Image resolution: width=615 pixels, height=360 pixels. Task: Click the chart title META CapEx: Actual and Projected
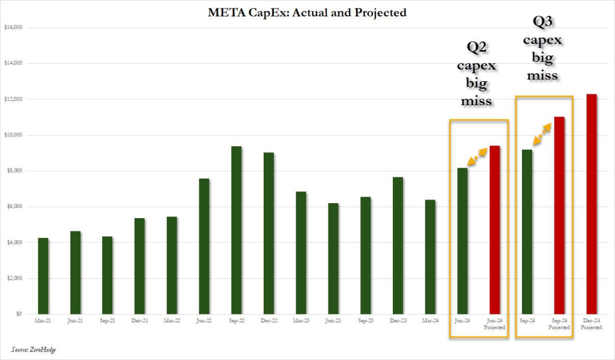307,13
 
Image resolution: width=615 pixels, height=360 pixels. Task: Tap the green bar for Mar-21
43,276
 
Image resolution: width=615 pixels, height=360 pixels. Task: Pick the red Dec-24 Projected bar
592,204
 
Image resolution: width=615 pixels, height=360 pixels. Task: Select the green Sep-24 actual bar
527,232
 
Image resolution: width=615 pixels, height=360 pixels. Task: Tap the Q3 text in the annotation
543,22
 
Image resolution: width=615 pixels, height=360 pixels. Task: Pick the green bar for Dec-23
398,246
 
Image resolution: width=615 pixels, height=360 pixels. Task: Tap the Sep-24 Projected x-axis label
559,325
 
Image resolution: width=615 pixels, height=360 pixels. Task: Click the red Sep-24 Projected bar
559,216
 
